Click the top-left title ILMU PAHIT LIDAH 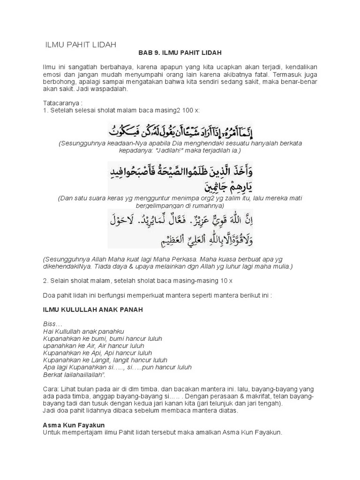click(x=80, y=45)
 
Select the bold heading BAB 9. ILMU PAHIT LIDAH click(x=180, y=53)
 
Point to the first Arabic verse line click(x=190, y=129)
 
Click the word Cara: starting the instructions click(x=51, y=390)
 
